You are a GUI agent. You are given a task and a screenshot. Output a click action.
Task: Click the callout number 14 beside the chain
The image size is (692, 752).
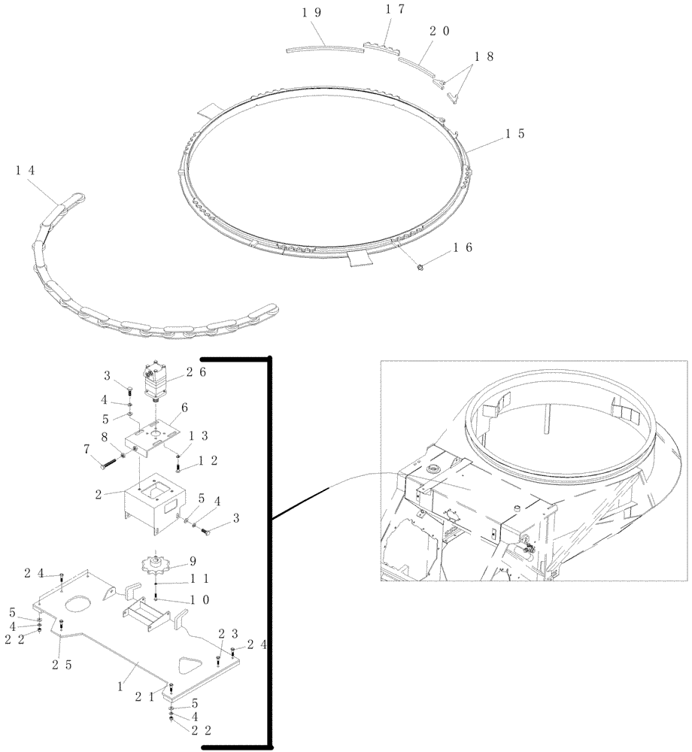[x=25, y=171]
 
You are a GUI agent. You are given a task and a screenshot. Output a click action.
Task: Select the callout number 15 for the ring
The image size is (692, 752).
[x=514, y=134]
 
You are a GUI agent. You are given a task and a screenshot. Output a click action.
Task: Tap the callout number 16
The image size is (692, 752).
[x=463, y=248]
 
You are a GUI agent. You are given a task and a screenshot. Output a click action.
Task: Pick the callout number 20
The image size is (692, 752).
[x=440, y=32]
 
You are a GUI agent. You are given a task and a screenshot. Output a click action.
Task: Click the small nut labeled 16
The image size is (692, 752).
[x=421, y=267]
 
